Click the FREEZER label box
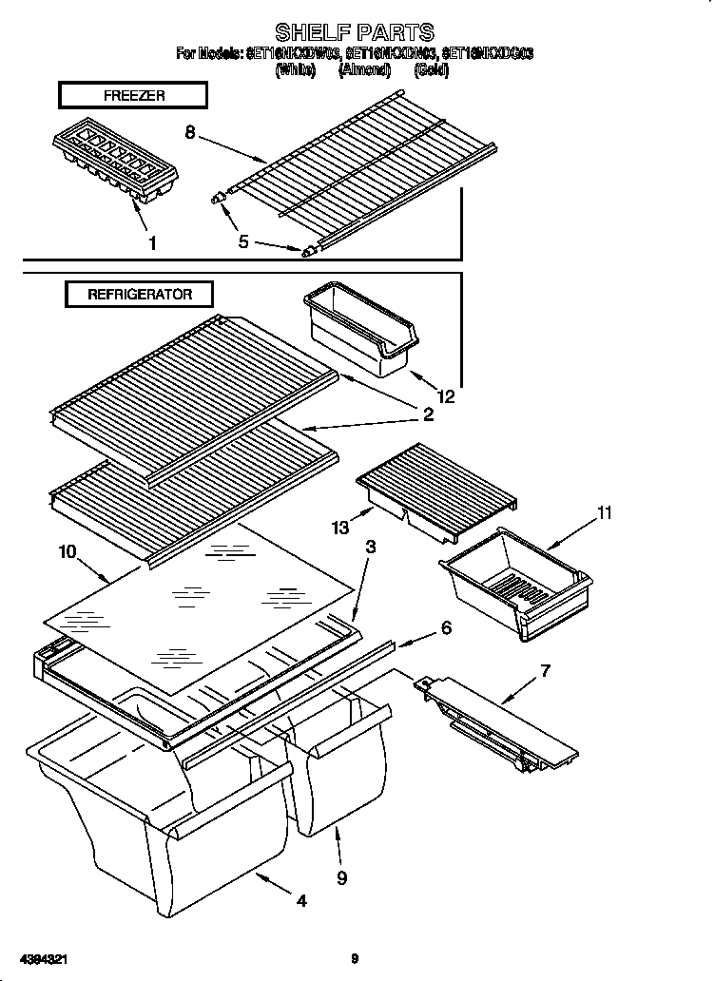click(x=133, y=95)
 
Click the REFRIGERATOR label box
click(x=140, y=294)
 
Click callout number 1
click(x=153, y=243)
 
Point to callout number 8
click(x=190, y=132)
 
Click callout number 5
click(x=243, y=242)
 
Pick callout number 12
click(x=446, y=396)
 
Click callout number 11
click(x=603, y=513)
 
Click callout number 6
click(x=445, y=627)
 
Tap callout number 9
click(x=341, y=877)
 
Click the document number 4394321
click(x=43, y=959)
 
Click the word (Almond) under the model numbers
click(x=364, y=69)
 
